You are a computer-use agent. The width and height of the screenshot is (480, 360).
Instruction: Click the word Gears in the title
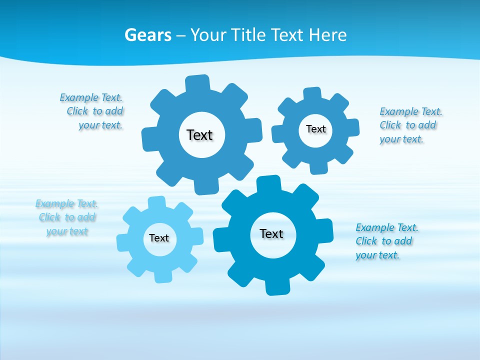tap(147, 35)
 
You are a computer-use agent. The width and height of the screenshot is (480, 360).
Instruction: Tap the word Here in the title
tap(328, 35)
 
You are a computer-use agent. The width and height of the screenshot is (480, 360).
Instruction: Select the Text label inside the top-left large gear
tap(199, 135)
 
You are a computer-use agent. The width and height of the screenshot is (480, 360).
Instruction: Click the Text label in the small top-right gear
tap(315, 129)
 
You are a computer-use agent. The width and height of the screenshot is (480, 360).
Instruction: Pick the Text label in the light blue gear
tap(159, 238)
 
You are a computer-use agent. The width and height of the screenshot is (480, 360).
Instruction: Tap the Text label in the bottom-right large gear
tap(271, 233)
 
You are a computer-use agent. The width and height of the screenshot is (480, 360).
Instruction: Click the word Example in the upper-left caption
tap(79, 97)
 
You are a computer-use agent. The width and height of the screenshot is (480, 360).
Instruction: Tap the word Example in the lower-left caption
tap(54, 203)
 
